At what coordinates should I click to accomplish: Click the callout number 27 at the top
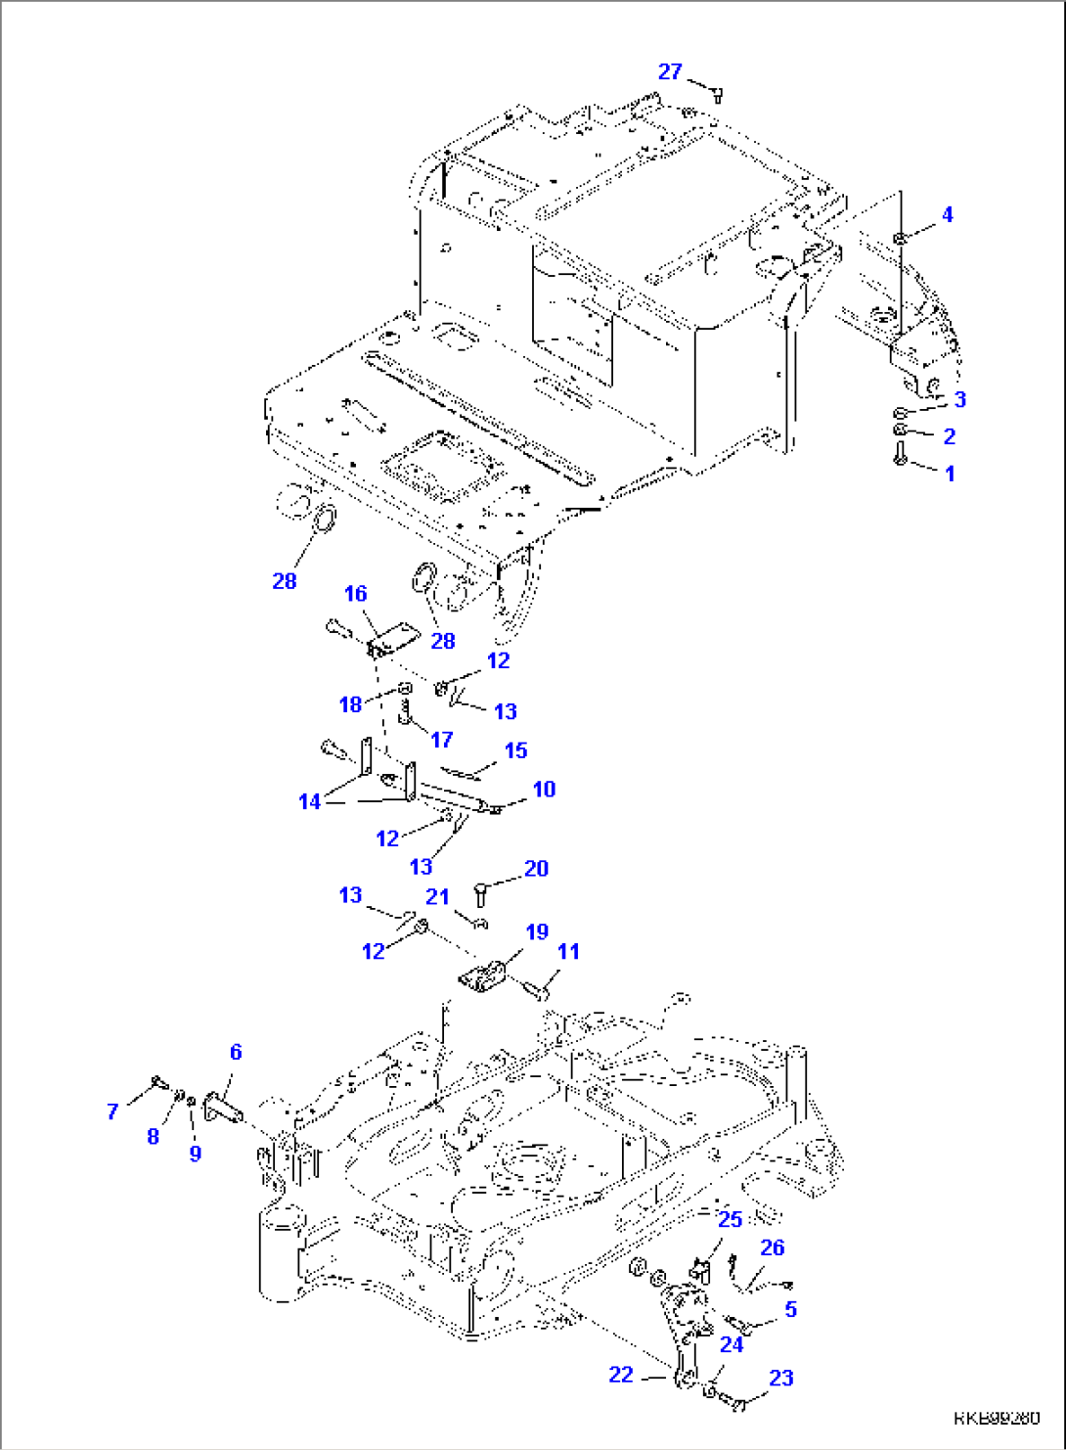[x=669, y=71]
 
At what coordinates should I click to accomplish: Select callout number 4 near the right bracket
[x=947, y=214]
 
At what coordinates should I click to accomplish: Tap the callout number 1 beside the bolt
[x=949, y=474]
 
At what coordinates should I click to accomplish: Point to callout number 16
[x=355, y=594]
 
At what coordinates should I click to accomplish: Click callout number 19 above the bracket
[x=537, y=931]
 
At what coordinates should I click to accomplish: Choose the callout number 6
[x=236, y=1052]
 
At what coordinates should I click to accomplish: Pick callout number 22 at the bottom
[x=621, y=1375]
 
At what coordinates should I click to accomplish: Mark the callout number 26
[x=772, y=1247]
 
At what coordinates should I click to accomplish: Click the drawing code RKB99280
[x=998, y=1418]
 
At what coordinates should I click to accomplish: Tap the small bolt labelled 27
[x=717, y=95]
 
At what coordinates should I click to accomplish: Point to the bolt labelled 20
[x=480, y=892]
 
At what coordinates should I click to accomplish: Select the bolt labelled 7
[x=157, y=1082]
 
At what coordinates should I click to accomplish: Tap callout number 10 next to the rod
[x=544, y=789]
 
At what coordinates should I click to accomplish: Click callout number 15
[x=515, y=750]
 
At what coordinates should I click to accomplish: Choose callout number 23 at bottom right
[x=780, y=1378]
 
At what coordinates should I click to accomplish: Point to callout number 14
[x=309, y=801]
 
